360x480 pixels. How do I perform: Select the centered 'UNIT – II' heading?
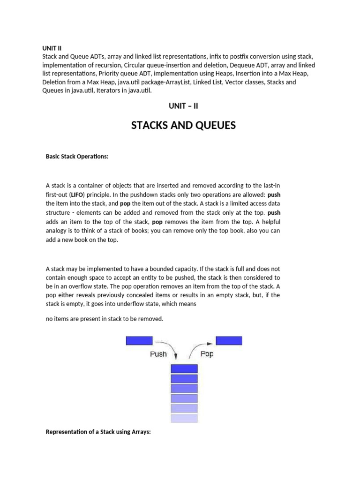coord(183,106)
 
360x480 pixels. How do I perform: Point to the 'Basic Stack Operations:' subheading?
coord(77,157)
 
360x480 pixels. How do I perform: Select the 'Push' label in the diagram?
coord(158,354)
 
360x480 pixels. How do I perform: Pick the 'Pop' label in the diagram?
coord(207,353)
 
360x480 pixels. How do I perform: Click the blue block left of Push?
coord(139,341)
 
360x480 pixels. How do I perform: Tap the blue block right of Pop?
coord(228,341)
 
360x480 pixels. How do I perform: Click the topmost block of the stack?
coord(184,369)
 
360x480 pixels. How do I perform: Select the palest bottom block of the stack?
coord(184,418)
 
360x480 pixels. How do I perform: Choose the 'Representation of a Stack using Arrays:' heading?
coord(98,432)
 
